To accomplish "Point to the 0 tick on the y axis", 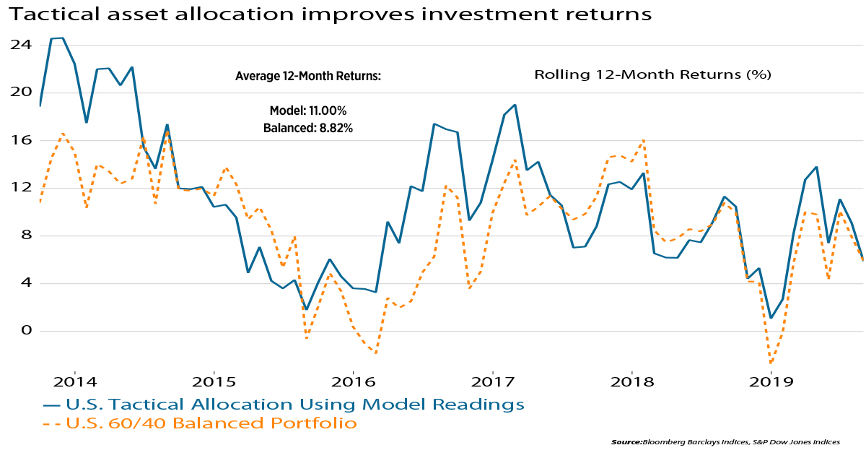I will [27, 331].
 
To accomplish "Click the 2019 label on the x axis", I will [771, 381].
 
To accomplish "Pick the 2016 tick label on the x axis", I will [353, 381].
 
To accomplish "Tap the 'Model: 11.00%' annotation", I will [308, 111].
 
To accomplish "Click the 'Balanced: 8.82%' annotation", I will [308, 128].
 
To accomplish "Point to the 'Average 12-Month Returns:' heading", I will [308, 77].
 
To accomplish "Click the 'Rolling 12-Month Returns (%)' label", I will [653, 74].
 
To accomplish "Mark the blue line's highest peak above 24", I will [62, 38].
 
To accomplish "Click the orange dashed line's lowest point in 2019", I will [771, 363].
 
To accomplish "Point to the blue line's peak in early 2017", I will [515, 105].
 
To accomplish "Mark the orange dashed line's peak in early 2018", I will [642, 140].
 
